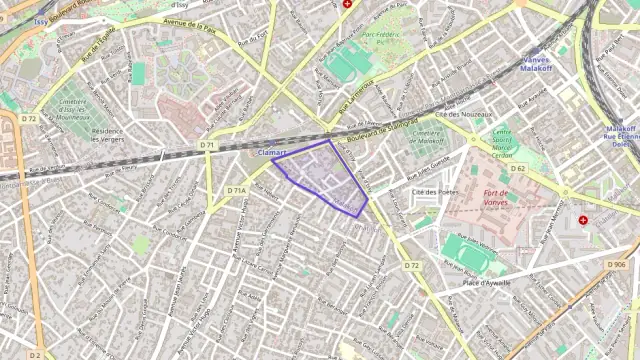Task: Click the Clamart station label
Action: click(x=272, y=152)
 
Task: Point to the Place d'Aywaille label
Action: click(x=487, y=283)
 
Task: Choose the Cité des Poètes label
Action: click(x=434, y=191)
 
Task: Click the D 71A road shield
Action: click(x=236, y=190)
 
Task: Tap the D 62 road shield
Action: click(x=518, y=168)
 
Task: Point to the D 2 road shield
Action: click(x=34, y=354)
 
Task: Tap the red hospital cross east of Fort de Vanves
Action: click(x=584, y=220)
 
